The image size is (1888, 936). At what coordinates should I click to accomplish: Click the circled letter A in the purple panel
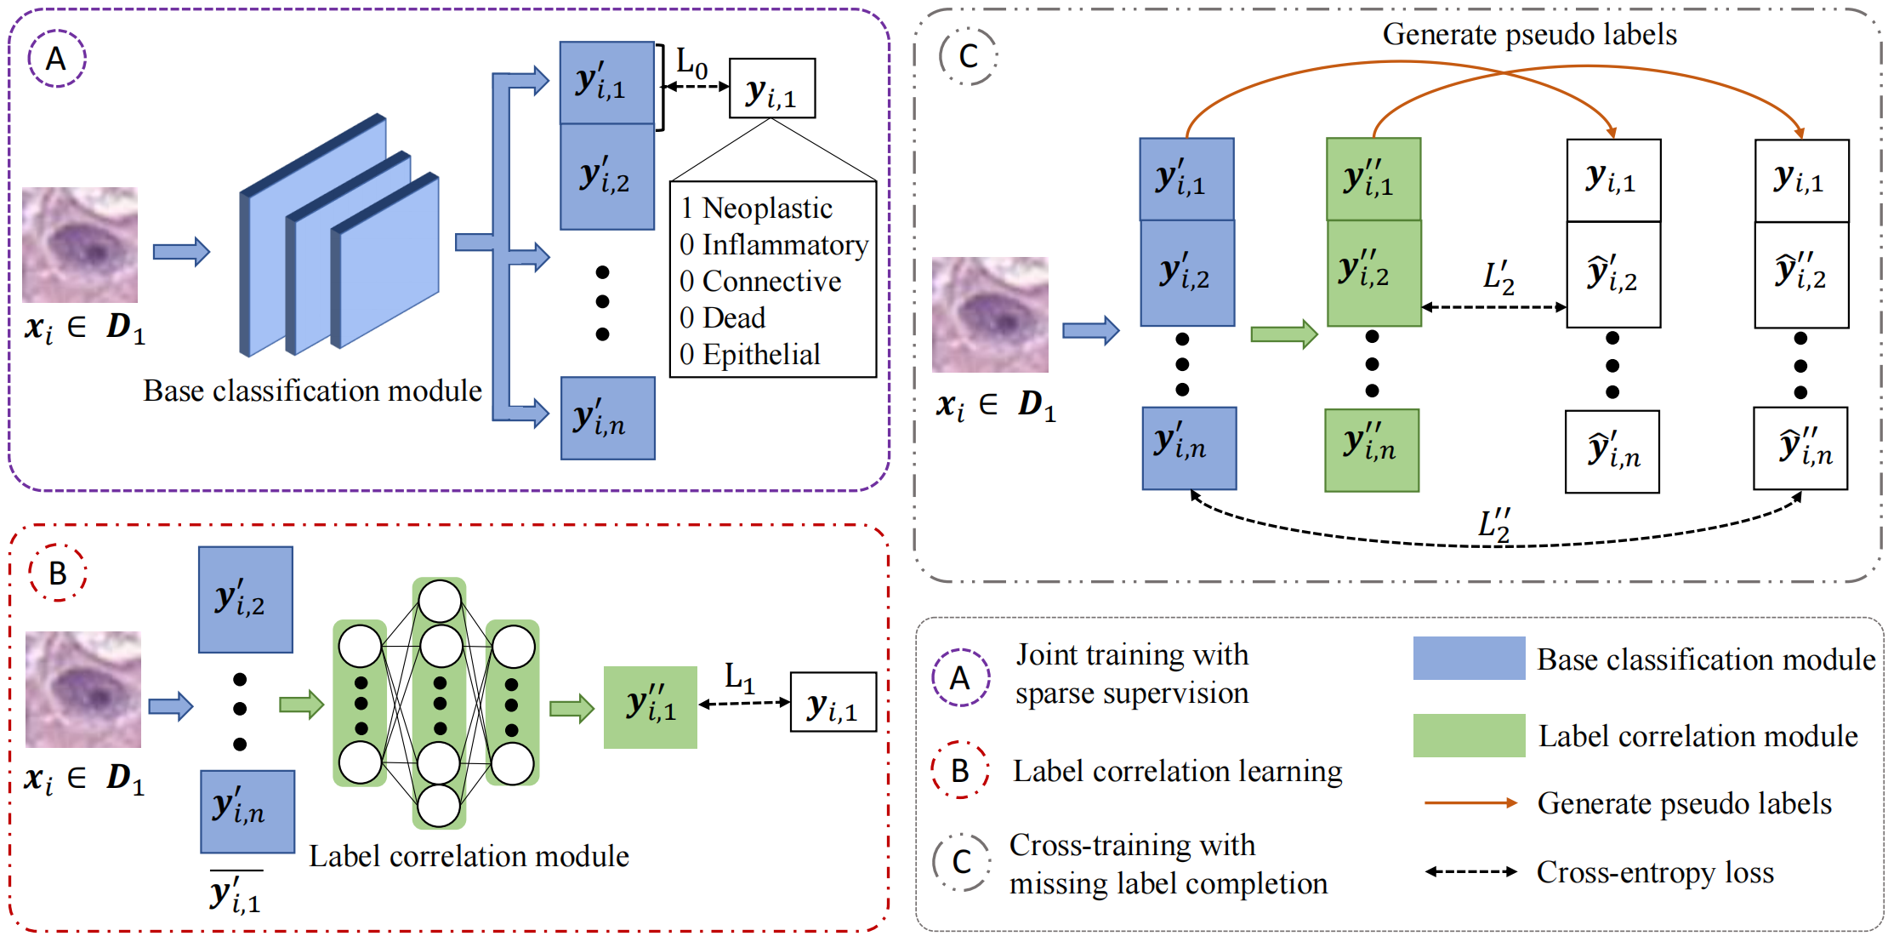pos(56,59)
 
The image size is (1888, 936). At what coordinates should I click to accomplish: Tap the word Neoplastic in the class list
pos(767,208)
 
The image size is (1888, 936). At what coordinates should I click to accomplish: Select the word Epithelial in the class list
pos(761,355)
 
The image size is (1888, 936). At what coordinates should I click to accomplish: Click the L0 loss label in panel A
pos(691,62)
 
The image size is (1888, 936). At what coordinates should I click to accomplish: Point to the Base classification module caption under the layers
pos(312,391)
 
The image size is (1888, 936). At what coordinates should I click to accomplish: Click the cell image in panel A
pos(80,245)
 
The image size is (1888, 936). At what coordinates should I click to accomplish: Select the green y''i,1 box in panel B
pos(651,707)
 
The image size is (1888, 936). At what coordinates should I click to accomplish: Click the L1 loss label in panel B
pos(739,677)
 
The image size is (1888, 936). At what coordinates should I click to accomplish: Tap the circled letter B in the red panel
pos(57,574)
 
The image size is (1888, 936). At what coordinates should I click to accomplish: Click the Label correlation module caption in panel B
pos(469,856)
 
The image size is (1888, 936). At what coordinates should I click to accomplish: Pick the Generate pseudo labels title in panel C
pos(1529,35)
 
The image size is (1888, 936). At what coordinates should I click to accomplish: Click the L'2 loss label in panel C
pos(1498,277)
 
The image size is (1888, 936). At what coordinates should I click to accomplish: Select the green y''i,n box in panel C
pos(1372,450)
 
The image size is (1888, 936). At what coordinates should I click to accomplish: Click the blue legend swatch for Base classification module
pos(1469,659)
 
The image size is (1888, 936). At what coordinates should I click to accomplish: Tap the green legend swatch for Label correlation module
pos(1469,735)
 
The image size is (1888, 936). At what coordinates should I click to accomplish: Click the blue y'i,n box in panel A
pos(607,419)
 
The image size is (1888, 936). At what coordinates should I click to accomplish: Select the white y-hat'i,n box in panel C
pos(1612,452)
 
